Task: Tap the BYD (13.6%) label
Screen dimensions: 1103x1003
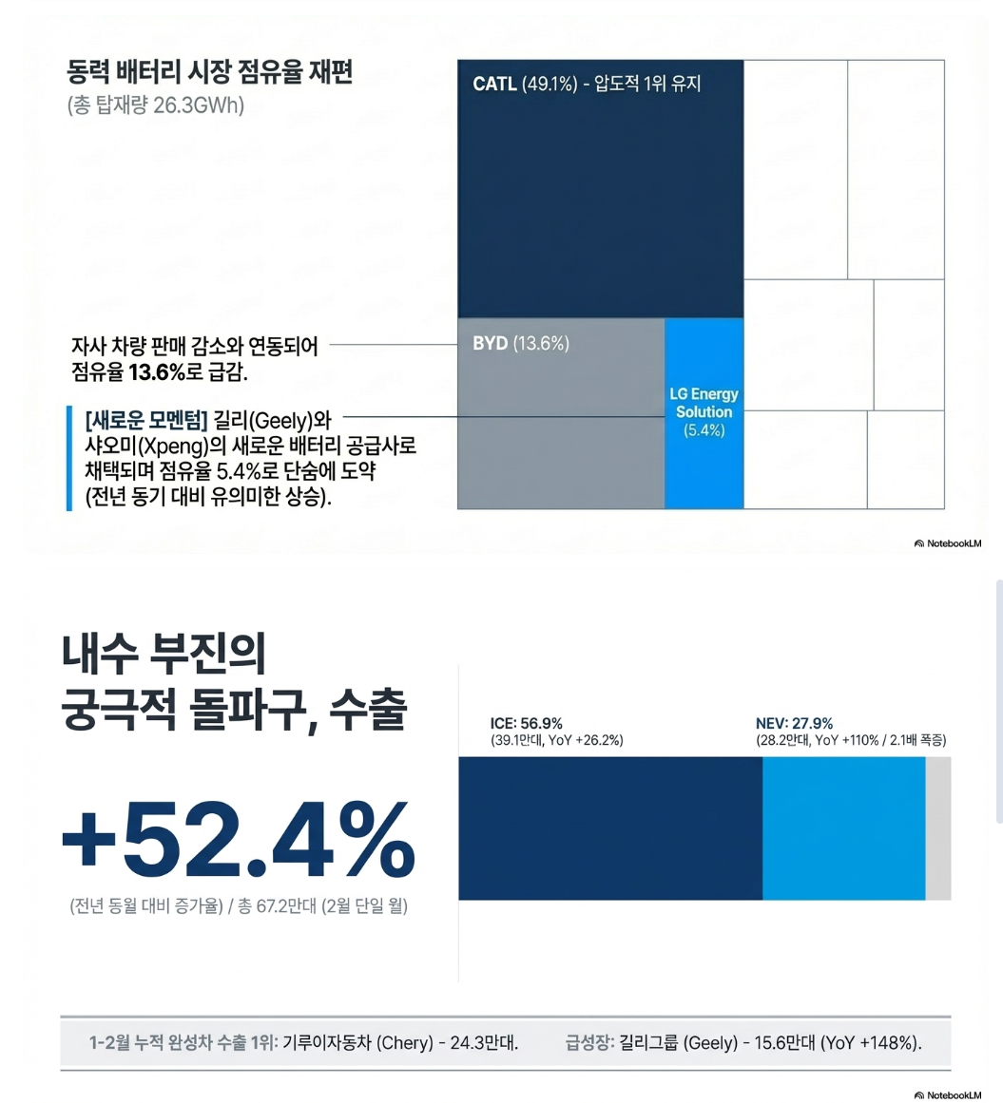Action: coord(521,344)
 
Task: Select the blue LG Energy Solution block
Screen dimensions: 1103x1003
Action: coord(704,412)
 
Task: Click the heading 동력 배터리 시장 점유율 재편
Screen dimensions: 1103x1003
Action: coord(210,72)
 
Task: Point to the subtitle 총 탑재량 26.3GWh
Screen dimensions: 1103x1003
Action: coord(156,105)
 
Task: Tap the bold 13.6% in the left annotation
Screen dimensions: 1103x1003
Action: coord(158,372)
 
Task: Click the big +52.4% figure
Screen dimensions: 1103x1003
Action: coord(238,838)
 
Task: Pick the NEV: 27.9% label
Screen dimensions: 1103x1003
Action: coord(794,723)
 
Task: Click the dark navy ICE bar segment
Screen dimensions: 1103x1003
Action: coord(610,828)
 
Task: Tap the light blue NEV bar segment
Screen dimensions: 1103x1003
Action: coord(843,828)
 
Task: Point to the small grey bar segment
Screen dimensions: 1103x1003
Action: coord(937,828)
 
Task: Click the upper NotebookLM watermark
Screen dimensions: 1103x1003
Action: coord(948,543)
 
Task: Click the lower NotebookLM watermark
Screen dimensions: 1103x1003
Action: coord(948,1095)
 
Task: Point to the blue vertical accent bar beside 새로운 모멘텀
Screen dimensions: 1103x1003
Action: coord(69,458)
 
